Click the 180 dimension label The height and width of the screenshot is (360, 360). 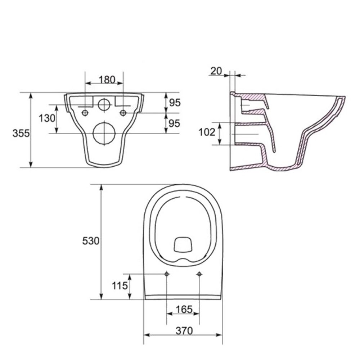tap(107, 80)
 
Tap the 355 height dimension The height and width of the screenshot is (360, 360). tap(21, 133)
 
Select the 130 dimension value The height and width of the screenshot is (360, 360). tap(47, 118)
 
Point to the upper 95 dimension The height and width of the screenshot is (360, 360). tap(175, 103)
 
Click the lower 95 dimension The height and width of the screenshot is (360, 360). tap(174, 123)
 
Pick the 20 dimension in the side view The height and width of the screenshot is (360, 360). tap(216, 71)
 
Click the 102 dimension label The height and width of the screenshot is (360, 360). tap(207, 132)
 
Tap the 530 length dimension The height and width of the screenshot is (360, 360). tap(91, 241)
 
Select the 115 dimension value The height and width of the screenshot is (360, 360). tap(120, 286)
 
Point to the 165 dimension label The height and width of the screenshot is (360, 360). tap(184, 310)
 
